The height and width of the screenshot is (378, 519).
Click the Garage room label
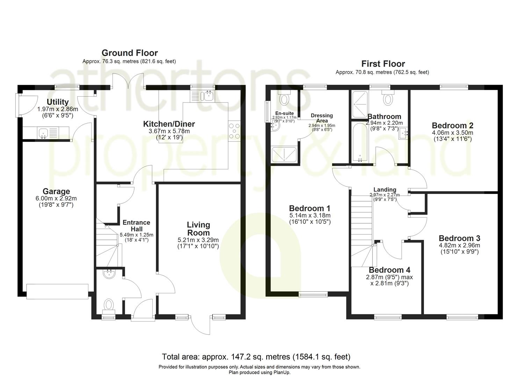(x=56, y=191)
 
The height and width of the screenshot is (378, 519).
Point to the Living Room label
(x=198, y=229)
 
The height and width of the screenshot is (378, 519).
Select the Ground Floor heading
(x=129, y=53)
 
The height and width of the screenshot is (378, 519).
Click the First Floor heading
(x=383, y=64)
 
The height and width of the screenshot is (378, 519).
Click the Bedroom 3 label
(x=459, y=238)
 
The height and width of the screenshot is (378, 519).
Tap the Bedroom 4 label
(x=389, y=270)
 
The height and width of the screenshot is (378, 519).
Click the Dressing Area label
(x=322, y=118)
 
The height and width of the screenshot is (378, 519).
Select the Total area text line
(x=256, y=357)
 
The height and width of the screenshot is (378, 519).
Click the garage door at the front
(x=57, y=292)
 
